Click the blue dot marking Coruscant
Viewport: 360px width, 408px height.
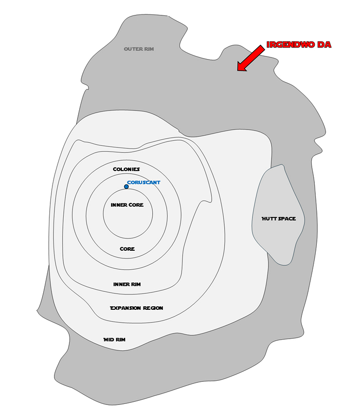127,187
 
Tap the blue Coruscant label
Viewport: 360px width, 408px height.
143,182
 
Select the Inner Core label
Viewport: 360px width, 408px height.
127,205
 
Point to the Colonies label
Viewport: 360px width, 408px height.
127,169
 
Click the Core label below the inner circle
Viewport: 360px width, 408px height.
127,249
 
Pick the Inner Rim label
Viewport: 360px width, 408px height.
127,284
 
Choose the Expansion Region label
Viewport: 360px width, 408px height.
136,308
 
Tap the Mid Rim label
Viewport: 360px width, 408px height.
114,340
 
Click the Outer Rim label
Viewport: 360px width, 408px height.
139,49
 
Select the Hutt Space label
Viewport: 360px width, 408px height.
279,219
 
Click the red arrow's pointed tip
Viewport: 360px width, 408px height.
238,70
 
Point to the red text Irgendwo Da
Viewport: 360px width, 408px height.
299,45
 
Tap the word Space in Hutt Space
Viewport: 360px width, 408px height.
287,219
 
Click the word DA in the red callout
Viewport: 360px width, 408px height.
325,45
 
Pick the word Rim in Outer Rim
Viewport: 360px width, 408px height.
149,49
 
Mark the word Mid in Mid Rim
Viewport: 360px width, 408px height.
109,340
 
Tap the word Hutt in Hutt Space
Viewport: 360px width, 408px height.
269,219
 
